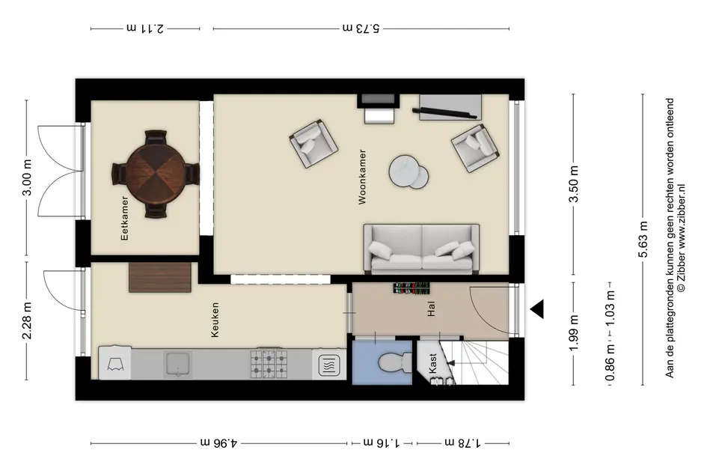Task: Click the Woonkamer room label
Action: (362, 177)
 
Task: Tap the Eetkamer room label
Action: (124, 218)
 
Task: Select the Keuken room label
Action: (215, 320)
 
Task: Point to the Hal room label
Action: (432, 309)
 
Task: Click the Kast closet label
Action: (433, 363)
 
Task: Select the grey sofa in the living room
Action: (421, 249)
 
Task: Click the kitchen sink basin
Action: (177, 364)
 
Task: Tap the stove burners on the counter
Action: (269, 364)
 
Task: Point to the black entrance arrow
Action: (536, 309)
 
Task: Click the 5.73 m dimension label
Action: (361, 28)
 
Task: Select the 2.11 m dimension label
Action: (144, 28)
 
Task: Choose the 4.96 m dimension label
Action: (218, 443)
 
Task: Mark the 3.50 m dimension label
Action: (575, 184)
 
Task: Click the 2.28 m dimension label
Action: (27, 320)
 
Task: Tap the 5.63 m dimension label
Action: (643, 239)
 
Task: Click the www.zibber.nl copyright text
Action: (681, 237)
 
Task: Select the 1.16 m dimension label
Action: (382, 443)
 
